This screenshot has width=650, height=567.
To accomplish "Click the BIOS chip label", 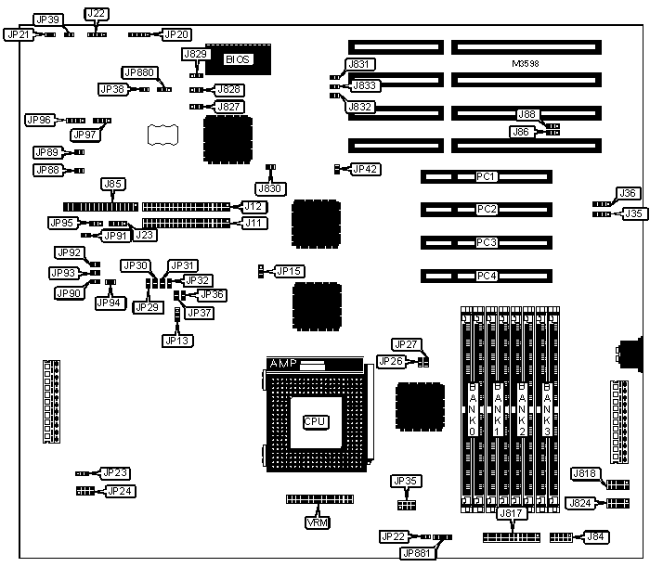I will [x=238, y=58].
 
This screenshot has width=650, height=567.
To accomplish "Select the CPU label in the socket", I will [x=315, y=420].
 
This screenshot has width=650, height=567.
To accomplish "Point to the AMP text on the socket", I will [x=281, y=363].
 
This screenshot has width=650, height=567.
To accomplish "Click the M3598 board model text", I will [x=526, y=63].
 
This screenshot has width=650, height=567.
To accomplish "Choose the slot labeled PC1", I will [x=486, y=176].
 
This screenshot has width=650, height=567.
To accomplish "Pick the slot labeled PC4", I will [x=486, y=276].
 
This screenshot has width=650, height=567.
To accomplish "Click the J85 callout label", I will [x=112, y=184].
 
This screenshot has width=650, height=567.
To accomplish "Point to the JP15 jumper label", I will [x=290, y=271].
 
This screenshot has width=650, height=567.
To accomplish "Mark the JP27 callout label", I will [x=406, y=343].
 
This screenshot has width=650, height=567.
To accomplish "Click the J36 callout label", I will [x=629, y=193].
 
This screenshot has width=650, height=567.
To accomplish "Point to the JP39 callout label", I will [x=47, y=19].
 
